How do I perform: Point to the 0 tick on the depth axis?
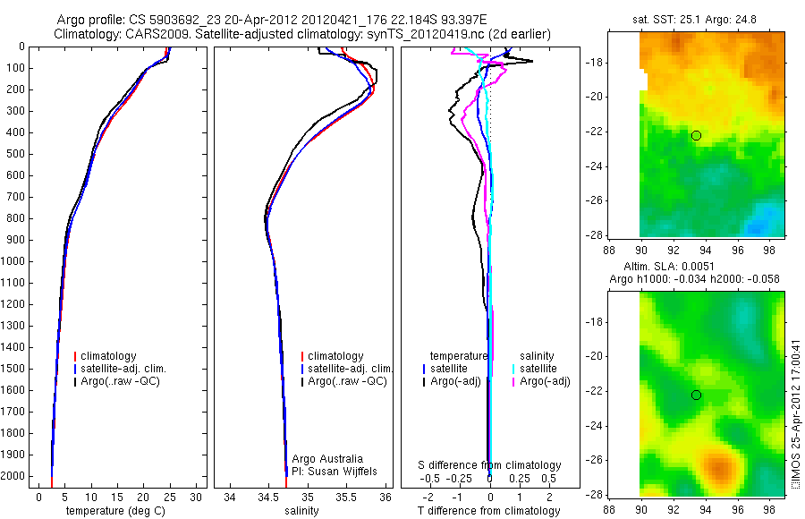coord(21,46)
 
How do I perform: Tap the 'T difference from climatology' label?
coord(489,511)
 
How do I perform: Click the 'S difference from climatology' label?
coord(490,465)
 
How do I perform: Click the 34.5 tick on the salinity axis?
coord(268,496)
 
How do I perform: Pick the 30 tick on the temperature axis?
coord(196,496)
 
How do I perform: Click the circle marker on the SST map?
coord(696,135)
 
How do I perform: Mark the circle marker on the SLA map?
coord(696,396)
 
